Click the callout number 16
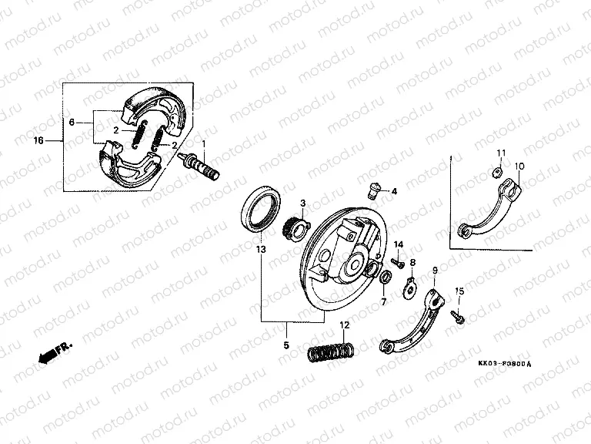pos(38,141)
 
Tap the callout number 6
pos(72,123)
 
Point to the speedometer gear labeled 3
pos(295,228)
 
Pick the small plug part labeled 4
pos(373,190)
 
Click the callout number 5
pos(286,345)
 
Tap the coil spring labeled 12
pos(331,351)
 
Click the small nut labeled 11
pos(498,173)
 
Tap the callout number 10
pos(519,166)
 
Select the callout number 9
pos(435,271)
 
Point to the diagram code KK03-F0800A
pos(505,364)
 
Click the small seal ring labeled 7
pos(385,277)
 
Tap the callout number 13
pos(261,250)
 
